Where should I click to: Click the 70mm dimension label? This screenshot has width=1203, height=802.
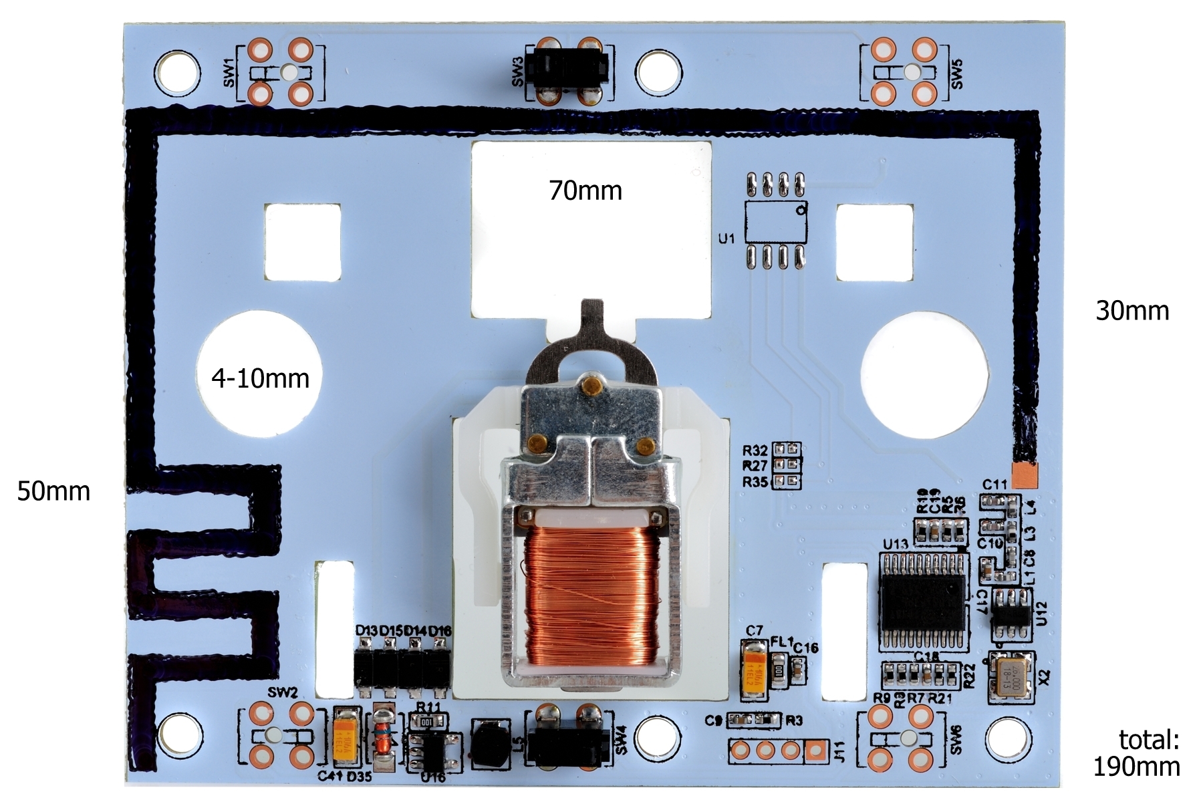(x=585, y=191)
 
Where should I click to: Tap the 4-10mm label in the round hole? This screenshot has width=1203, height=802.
(x=260, y=379)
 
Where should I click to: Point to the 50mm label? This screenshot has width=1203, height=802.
(x=53, y=491)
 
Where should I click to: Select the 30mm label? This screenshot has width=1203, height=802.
(x=1132, y=311)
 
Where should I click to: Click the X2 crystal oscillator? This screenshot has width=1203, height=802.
(x=1011, y=677)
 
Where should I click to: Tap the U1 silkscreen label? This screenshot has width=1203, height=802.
(x=726, y=238)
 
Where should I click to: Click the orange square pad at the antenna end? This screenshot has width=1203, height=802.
(x=1025, y=475)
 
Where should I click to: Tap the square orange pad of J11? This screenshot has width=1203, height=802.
(x=815, y=751)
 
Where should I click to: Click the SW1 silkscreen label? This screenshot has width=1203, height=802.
(x=229, y=73)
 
